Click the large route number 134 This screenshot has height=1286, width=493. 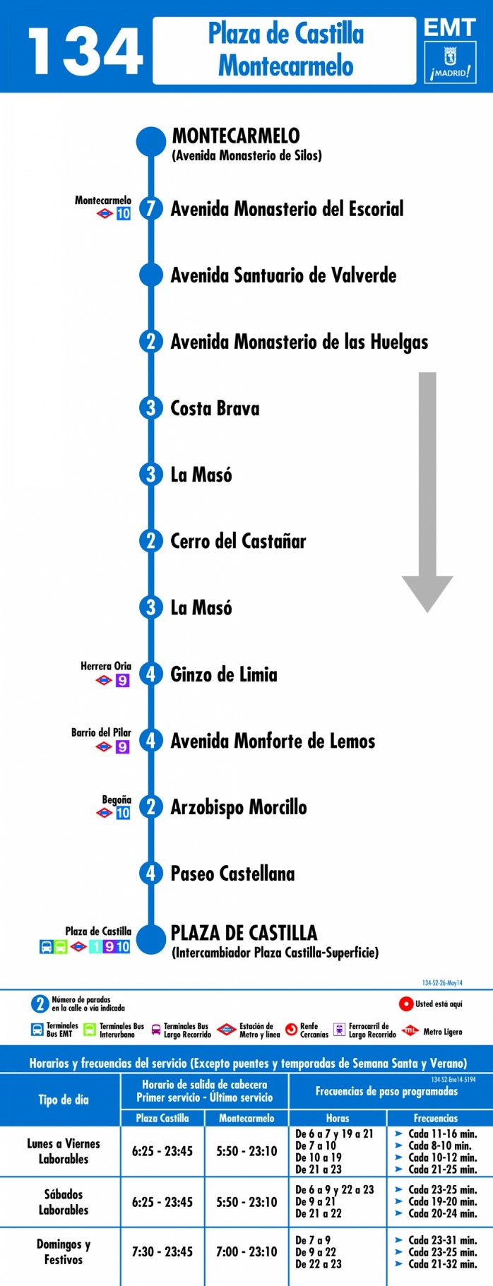[x=85, y=51]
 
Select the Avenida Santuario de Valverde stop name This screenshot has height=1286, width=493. [x=283, y=275]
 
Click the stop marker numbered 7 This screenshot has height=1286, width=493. [x=150, y=208]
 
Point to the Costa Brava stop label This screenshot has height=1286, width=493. [x=215, y=408]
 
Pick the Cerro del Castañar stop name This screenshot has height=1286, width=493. [x=238, y=541]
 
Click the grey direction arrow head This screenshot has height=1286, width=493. [x=427, y=593]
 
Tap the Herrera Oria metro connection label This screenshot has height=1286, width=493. [x=106, y=666]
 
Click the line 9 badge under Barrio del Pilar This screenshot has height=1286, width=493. [x=123, y=746]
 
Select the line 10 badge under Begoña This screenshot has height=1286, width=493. [x=123, y=813]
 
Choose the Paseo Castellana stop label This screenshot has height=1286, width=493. [x=232, y=874]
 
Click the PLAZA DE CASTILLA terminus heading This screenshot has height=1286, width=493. [x=244, y=932]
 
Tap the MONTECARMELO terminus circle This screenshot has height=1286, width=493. [x=151, y=141]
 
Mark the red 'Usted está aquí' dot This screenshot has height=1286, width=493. [x=405, y=1004]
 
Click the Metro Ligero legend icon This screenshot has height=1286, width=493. [x=410, y=1031]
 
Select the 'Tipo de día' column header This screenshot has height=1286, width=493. [x=64, y=1100]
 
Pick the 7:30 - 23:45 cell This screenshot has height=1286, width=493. [x=162, y=1251]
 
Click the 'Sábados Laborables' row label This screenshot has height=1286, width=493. [x=64, y=1201]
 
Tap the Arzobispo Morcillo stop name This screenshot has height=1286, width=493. [x=239, y=807]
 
